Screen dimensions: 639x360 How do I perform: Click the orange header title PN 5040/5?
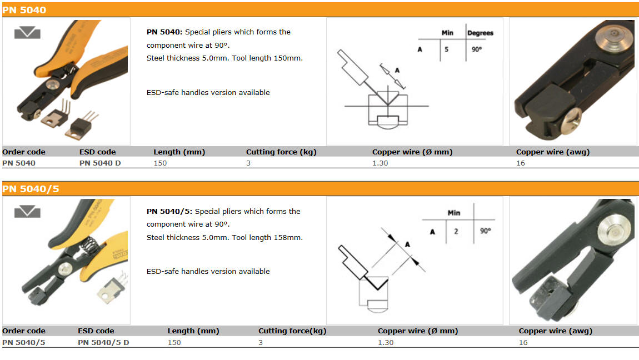coord(31,189)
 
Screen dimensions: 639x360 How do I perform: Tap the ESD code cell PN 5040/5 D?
coord(103,342)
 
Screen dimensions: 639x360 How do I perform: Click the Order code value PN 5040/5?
coord(24,342)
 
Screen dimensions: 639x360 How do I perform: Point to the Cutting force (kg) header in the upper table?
coord(281,152)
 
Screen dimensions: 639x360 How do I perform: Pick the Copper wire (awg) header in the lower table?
coord(556,331)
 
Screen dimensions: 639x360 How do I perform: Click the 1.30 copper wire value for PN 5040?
coord(380,163)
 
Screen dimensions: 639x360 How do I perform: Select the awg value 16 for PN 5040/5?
coord(523,342)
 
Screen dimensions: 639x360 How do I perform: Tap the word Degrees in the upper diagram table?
coord(480,33)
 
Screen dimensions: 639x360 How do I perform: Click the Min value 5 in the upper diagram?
coord(447,49)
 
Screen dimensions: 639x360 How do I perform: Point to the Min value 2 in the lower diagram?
coord(456,231)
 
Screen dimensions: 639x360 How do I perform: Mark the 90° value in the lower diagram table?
coord(486,231)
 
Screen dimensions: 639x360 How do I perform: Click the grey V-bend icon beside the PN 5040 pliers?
coord(27,33)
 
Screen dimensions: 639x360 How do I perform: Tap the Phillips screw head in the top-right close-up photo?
coord(571,121)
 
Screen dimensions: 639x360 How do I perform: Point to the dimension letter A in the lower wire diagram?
coord(407,244)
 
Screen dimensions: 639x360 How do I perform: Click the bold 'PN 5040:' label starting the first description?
coord(164,32)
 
